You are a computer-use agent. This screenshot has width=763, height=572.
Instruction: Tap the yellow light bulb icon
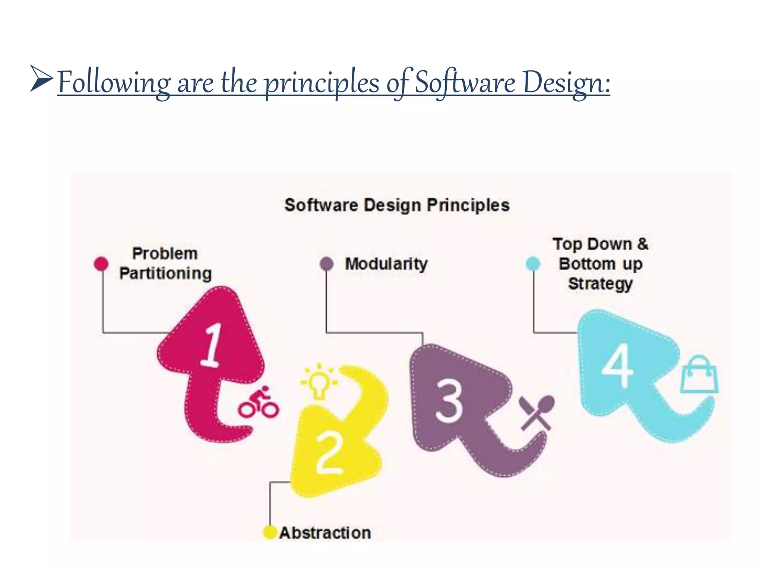pyautogui.click(x=319, y=382)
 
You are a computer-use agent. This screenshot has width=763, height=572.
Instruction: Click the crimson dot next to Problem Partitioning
pyautogui.click(x=101, y=264)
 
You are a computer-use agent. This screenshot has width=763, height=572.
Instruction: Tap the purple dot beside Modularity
pyautogui.click(x=327, y=264)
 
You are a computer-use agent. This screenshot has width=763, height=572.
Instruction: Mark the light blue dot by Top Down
pyautogui.click(x=533, y=264)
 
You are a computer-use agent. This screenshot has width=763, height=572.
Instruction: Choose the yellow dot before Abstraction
pyautogui.click(x=269, y=532)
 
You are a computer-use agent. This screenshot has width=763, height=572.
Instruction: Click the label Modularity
pyautogui.click(x=386, y=264)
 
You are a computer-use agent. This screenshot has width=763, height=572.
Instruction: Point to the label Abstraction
pyautogui.click(x=325, y=533)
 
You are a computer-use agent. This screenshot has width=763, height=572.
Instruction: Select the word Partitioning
pyautogui.click(x=165, y=274)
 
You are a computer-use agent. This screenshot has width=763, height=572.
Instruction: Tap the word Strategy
pyautogui.click(x=600, y=284)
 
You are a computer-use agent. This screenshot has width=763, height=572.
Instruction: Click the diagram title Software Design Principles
pyautogui.click(x=397, y=205)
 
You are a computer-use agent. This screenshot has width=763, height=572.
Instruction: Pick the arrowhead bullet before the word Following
pyautogui.click(x=40, y=79)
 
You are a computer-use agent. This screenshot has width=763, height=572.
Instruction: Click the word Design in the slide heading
pyautogui.click(x=566, y=83)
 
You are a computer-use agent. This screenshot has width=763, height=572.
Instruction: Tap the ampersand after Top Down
pyautogui.click(x=642, y=244)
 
